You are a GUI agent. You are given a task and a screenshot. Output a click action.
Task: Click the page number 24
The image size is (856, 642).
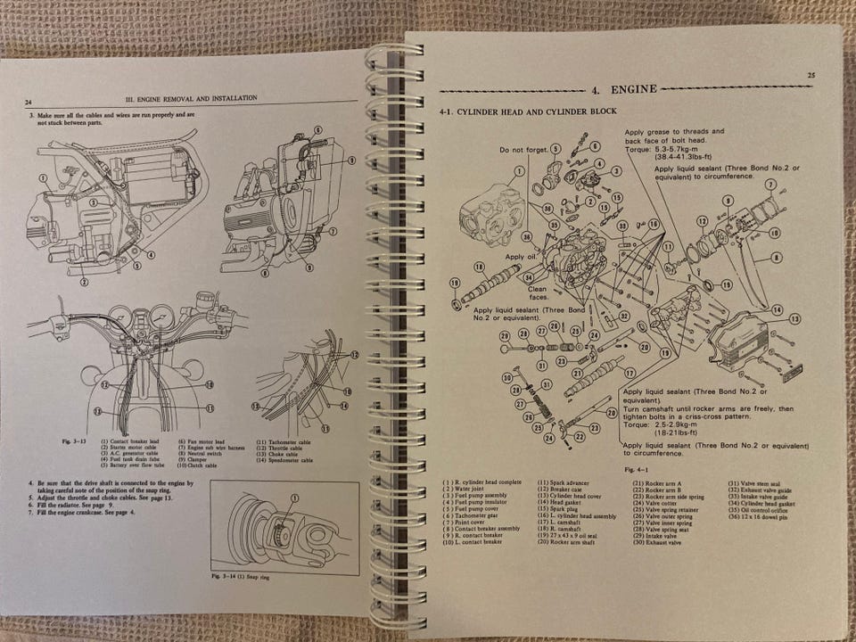(x=29, y=103)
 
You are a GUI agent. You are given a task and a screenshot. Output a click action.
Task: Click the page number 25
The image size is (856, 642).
(x=809, y=76)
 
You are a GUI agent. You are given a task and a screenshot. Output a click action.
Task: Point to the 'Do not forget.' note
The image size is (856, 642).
(x=523, y=149)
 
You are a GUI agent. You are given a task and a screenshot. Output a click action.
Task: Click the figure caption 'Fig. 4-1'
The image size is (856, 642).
(x=636, y=465)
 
